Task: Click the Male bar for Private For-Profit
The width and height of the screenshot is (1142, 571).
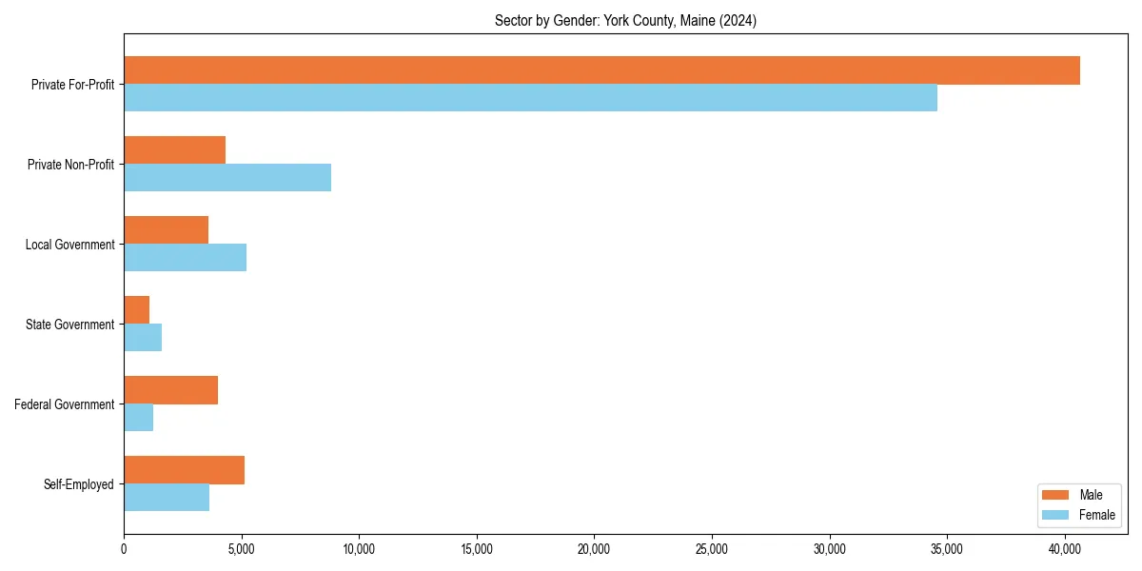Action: (x=601, y=70)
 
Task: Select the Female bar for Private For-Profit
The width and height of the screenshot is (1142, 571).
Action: (x=530, y=98)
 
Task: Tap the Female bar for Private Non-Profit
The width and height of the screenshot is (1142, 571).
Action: (x=227, y=178)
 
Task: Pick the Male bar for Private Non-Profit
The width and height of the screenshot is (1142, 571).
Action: (x=174, y=150)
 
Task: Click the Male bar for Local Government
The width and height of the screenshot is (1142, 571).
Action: (x=166, y=230)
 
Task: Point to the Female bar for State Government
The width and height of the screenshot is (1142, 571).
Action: (x=143, y=338)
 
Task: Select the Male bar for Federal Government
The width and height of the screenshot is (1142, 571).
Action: (x=170, y=390)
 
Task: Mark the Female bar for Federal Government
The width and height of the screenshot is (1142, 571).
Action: (x=138, y=418)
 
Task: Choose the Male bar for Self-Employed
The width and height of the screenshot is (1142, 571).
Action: (x=184, y=470)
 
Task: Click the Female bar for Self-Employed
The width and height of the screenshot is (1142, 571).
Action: (x=167, y=498)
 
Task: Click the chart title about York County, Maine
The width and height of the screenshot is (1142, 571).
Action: (x=625, y=21)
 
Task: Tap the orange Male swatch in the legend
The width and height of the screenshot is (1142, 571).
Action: (x=1056, y=495)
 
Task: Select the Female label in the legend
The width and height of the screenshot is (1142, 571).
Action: (x=1097, y=515)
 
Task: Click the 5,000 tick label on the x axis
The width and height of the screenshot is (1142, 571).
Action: (x=241, y=548)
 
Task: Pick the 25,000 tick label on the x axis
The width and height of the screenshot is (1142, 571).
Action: (x=712, y=548)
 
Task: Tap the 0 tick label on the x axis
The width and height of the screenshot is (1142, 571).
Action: (x=124, y=548)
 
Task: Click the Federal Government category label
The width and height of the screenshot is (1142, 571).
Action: (x=65, y=404)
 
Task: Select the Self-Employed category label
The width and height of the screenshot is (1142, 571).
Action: (x=79, y=484)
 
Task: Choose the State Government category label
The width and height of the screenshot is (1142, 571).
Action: (x=70, y=325)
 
